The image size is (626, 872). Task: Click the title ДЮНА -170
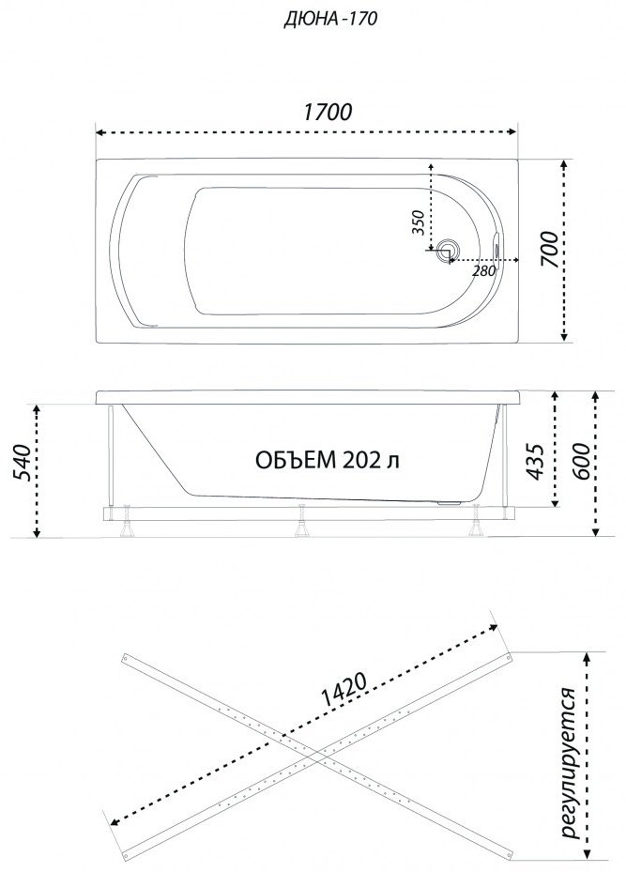point(330,19)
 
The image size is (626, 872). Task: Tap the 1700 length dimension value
point(328,112)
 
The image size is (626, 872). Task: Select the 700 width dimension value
point(549,249)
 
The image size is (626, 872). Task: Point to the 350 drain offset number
point(420,223)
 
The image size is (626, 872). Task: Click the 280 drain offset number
point(483,271)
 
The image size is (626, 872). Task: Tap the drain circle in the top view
point(447,250)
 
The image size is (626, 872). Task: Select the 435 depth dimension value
point(535,461)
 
